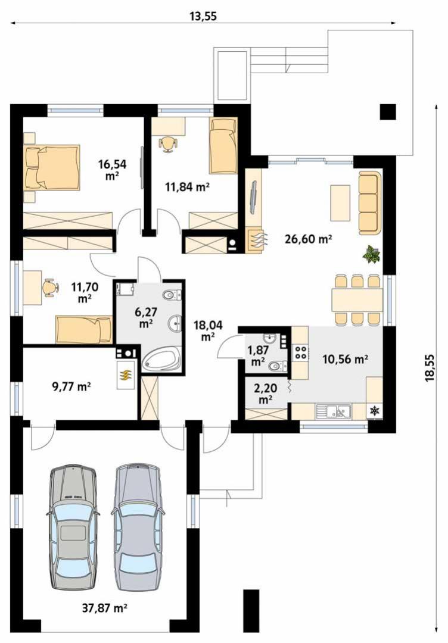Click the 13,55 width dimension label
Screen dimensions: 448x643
[x=203, y=17]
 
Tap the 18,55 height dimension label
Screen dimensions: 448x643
[x=430, y=369]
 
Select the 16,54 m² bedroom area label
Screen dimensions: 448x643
[x=112, y=170]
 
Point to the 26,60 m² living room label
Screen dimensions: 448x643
[x=308, y=239]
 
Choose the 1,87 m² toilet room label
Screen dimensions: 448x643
[x=258, y=355]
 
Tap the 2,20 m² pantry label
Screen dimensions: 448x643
[x=266, y=394]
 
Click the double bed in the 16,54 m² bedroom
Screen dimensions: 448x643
[x=51, y=168]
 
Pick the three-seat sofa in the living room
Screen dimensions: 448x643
[x=369, y=204]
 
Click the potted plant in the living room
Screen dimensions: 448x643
[x=372, y=254]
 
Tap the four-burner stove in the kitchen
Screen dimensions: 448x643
[x=301, y=352]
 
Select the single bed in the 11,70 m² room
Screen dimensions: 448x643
[x=83, y=329]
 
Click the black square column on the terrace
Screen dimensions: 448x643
[x=388, y=111]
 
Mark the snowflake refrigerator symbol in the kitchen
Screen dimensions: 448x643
[x=374, y=410]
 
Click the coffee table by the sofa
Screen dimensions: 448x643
[x=340, y=202]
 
